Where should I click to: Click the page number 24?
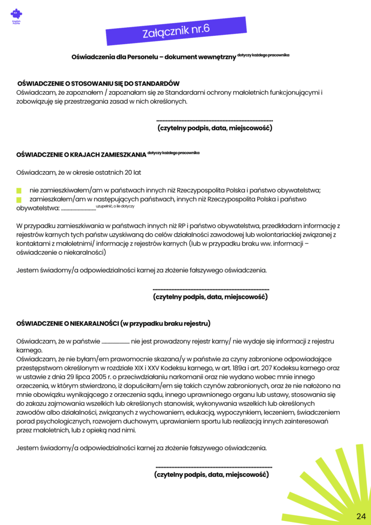pos(360,515)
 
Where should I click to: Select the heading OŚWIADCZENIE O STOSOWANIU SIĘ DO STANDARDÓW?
pos(98,84)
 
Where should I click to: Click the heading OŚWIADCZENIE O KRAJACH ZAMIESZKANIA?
pos(81,154)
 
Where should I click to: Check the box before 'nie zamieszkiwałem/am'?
pos(19,190)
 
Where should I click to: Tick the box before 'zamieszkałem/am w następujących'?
pos(19,199)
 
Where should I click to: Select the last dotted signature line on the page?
pos(213,468)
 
